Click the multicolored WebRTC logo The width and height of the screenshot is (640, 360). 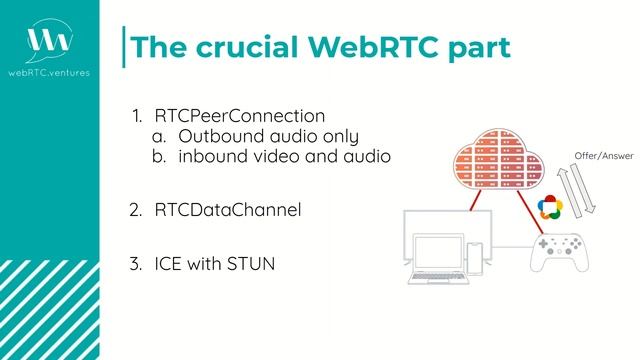(x=549, y=207)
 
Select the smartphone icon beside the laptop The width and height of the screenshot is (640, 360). (x=476, y=259)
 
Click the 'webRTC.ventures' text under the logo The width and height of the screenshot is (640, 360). (x=49, y=72)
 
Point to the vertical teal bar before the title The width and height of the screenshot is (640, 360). (x=124, y=47)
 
